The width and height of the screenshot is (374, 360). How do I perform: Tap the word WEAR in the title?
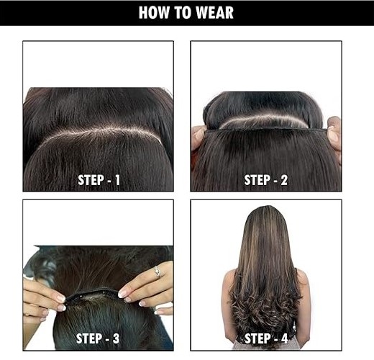click(214, 12)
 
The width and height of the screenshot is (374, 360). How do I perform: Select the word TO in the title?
click(183, 12)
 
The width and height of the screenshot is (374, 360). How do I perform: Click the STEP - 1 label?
click(99, 180)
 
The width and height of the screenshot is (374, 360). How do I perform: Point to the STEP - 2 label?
click(265, 180)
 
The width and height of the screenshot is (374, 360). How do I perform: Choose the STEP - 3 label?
click(98, 338)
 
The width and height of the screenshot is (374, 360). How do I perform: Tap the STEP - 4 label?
click(266, 338)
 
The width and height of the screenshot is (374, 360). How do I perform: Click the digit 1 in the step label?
click(117, 180)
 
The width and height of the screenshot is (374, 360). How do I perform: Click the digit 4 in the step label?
click(284, 338)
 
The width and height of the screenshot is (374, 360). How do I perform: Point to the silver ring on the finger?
click(158, 271)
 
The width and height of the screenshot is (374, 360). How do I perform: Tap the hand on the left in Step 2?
click(199, 139)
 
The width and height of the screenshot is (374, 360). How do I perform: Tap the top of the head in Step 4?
click(265, 209)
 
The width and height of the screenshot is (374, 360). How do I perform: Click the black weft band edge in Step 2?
click(266, 130)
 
